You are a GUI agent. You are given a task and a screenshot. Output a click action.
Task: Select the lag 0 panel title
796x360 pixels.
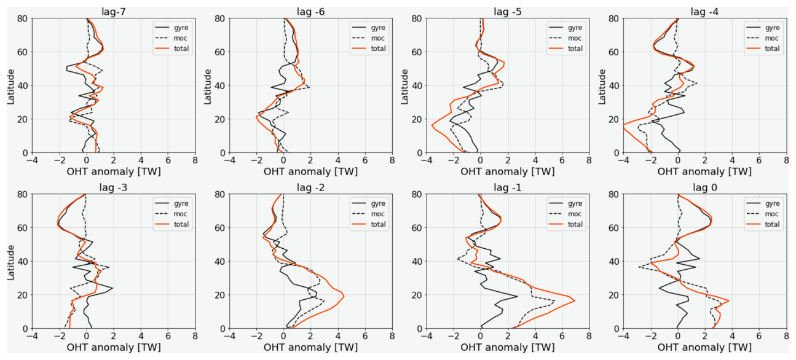[x=704, y=187]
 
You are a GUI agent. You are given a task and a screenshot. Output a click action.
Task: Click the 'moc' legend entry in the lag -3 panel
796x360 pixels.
[x=179, y=214]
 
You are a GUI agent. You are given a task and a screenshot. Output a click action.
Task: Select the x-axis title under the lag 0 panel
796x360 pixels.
[x=704, y=347]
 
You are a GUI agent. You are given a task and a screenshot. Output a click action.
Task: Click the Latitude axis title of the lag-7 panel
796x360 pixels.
[x=11, y=85]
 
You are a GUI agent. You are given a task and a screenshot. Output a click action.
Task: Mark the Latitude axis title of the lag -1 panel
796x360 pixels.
[x=406, y=261]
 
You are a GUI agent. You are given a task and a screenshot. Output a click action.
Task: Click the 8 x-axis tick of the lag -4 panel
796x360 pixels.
[x=786, y=160]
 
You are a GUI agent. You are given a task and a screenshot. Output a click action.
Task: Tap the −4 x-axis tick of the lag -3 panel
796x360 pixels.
[x=32, y=337]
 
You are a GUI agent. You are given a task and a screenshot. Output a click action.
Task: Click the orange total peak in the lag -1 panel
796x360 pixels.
[x=575, y=300]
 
